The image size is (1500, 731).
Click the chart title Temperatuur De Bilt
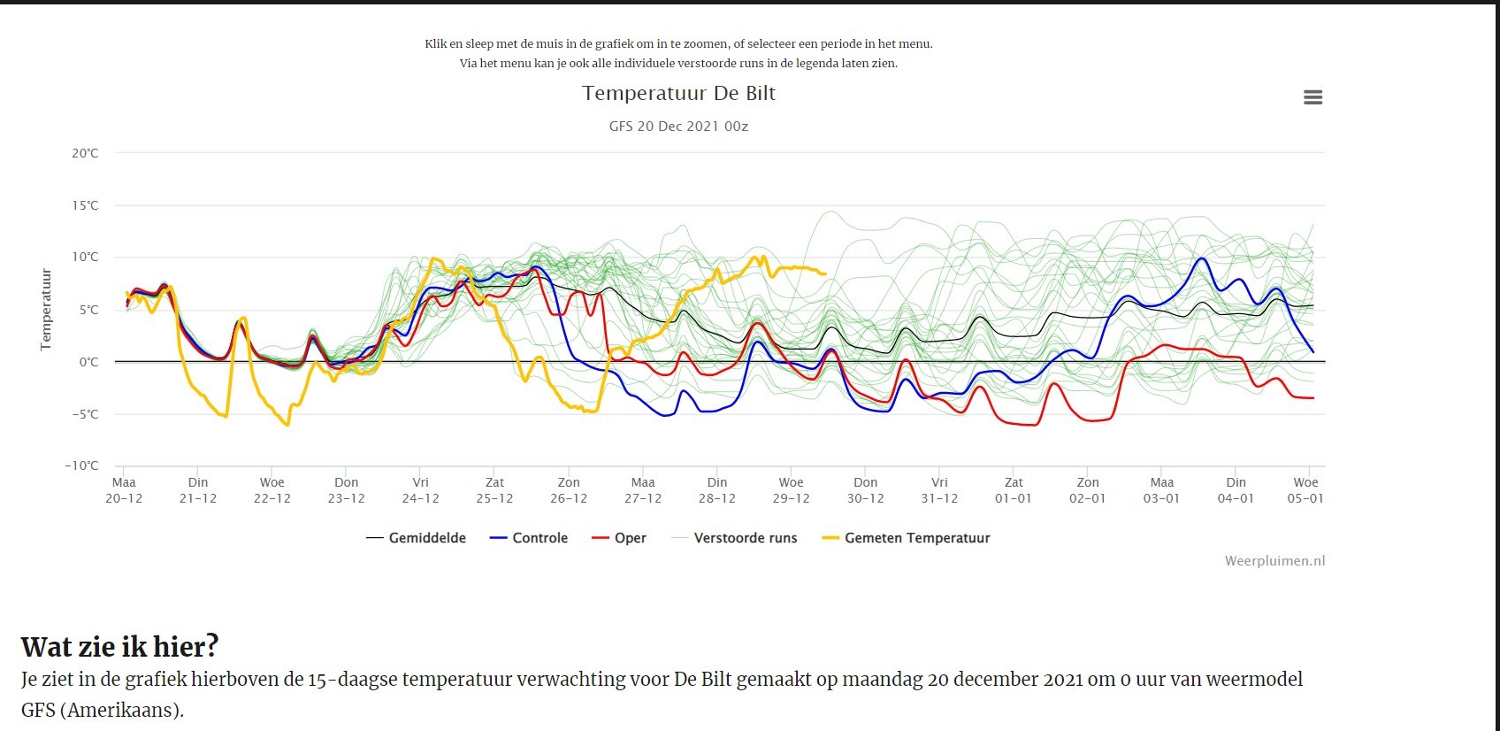point(678,93)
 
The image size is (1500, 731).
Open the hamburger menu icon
point(1312,97)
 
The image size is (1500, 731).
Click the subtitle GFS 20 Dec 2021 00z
point(678,126)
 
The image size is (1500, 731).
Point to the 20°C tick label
point(85,153)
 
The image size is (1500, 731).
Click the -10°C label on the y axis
point(81,466)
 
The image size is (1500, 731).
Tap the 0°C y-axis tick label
point(88,363)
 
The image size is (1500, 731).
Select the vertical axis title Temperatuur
point(45,310)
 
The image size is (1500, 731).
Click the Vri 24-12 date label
point(420,490)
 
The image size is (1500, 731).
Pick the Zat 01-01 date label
point(1014,490)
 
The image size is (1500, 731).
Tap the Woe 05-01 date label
point(1305,490)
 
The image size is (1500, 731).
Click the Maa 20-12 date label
point(124,490)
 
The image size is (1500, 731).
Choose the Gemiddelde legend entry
point(416,538)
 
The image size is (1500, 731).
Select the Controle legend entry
point(528,538)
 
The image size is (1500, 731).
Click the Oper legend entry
point(619,538)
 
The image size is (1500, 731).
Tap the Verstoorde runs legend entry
point(734,538)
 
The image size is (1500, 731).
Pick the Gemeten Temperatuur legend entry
point(906,538)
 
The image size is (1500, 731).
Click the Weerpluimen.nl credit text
point(1275,561)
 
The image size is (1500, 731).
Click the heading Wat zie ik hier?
point(120,647)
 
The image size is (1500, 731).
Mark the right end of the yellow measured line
point(826,274)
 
